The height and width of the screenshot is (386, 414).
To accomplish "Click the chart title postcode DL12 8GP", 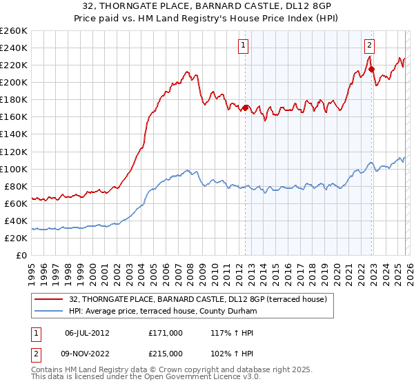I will point(286,7).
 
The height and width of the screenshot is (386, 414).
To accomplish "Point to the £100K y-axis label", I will point(14,169).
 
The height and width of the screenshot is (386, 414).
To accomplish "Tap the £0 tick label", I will point(22,255).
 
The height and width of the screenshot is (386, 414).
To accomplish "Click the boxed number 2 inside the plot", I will point(369,46).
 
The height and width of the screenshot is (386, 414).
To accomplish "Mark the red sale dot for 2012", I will point(245,108).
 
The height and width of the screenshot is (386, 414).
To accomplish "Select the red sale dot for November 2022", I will point(371,69).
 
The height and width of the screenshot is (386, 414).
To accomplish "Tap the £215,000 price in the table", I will point(165,354).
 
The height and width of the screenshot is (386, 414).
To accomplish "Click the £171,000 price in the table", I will point(165,332).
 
